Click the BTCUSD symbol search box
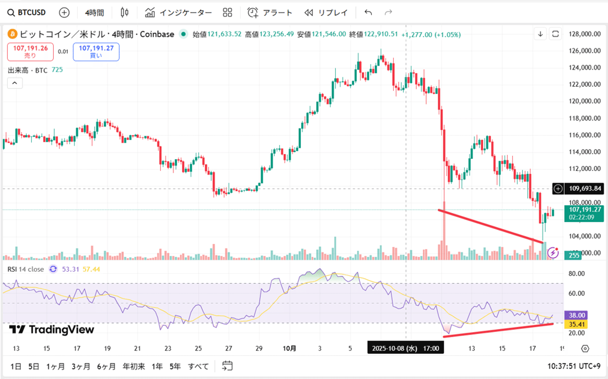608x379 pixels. tap(27, 12)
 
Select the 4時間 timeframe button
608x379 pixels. tap(94, 12)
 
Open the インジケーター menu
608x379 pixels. tap(179, 12)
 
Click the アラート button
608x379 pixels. tap(270, 12)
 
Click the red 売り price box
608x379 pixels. tap(29, 51)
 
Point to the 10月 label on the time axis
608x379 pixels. tap(289, 348)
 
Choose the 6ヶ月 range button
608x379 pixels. tap(106, 366)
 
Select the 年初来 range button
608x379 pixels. tap(133, 366)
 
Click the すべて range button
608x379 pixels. tap(198, 366)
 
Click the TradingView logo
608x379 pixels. tap(52, 329)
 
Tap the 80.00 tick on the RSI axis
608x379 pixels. tap(576, 273)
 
